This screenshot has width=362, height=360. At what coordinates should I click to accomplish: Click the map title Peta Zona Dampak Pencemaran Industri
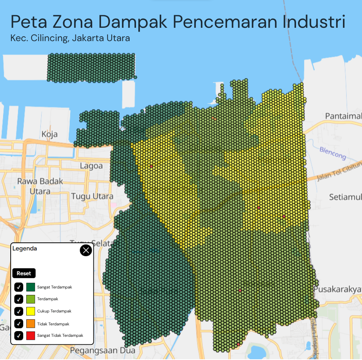[x=178, y=22]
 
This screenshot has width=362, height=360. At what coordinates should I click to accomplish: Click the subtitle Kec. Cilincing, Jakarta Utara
[x=70, y=38]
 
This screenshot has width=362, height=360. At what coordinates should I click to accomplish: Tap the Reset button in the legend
[x=24, y=273]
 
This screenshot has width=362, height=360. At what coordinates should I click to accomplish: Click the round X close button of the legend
[x=86, y=250]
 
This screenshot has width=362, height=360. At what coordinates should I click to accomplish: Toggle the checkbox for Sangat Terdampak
[x=19, y=287]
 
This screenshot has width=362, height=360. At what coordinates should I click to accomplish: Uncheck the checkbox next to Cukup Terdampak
[x=19, y=311]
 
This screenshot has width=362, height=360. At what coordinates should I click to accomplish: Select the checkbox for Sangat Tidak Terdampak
[x=19, y=336]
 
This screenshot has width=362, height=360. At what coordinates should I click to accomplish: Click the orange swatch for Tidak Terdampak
[x=30, y=323]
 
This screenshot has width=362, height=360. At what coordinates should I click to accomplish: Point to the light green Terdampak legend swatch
[x=30, y=299]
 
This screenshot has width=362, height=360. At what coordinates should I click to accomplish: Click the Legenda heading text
[x=25, y=248]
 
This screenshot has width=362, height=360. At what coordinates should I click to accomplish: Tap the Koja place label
[x=50, y=134]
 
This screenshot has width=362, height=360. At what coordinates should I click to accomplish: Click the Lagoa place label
[x=91, y=166]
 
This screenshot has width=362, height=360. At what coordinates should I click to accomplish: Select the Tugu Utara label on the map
[x=92, y=196]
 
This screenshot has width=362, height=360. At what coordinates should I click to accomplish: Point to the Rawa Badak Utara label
[x=40, y=186]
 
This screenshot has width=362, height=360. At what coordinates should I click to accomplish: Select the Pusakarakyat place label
[x=338, y=290]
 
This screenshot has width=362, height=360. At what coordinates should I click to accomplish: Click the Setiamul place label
[x=345, y=197]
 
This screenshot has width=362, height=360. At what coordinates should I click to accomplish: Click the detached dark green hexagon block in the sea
[x=91, y=68]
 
